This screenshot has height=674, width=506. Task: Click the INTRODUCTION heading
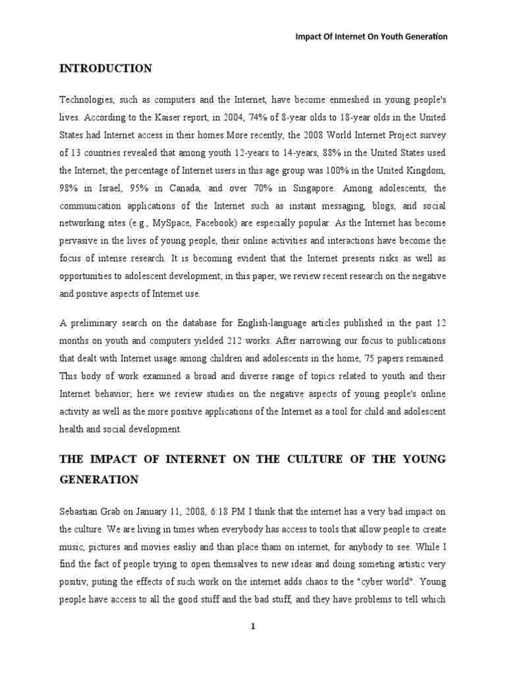tap(106, 68)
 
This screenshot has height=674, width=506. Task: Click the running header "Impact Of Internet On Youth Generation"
tap(371, 37)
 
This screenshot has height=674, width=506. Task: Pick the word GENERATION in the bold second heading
tap(99, 480)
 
